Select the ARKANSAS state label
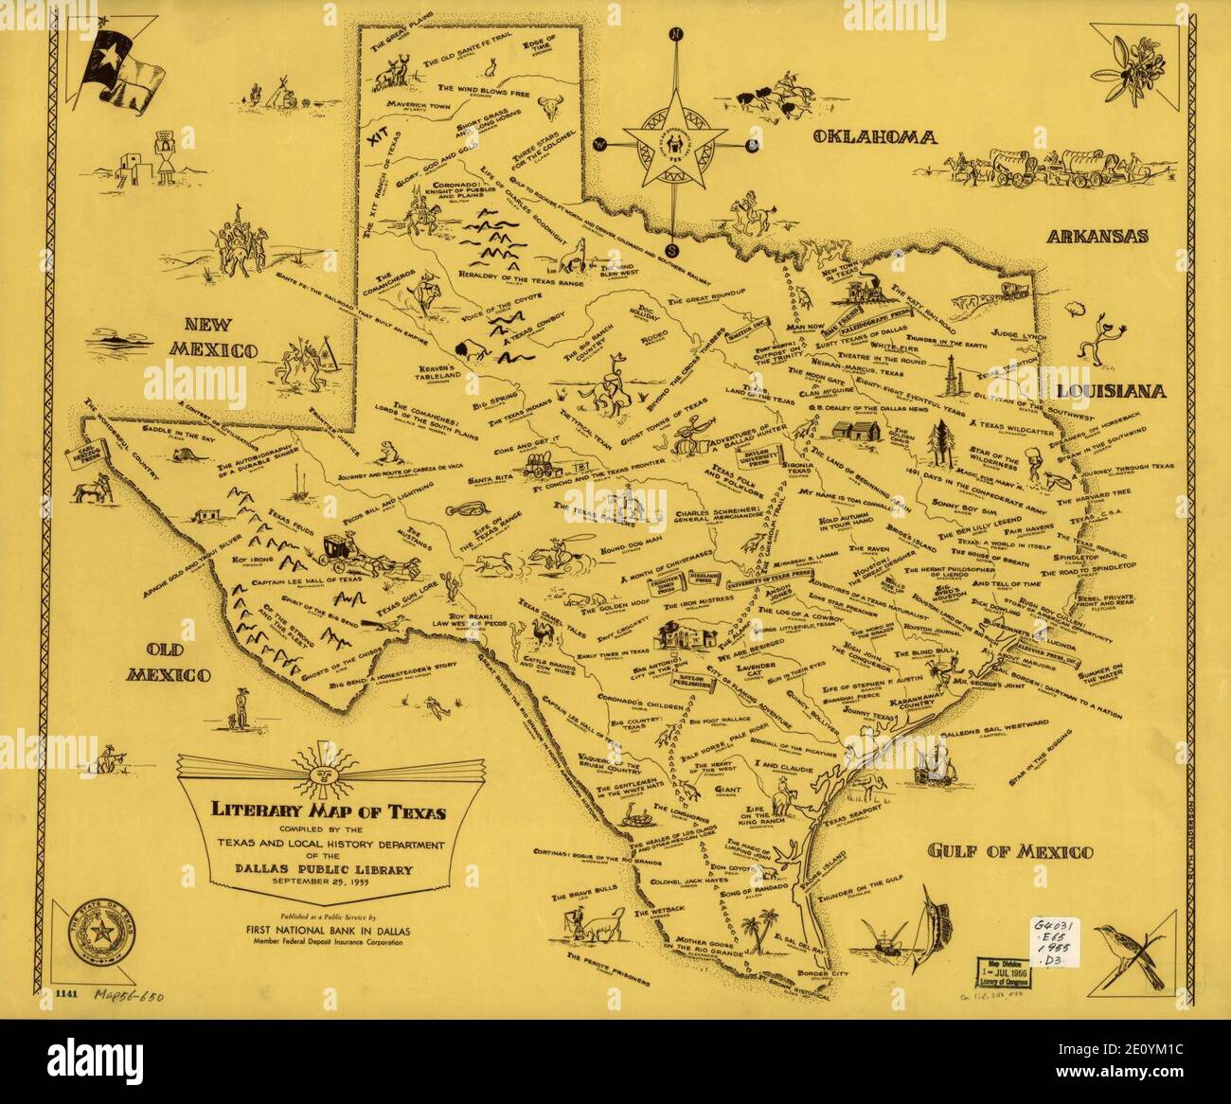point(1097,237)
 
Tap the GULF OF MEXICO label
point(1009,851)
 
